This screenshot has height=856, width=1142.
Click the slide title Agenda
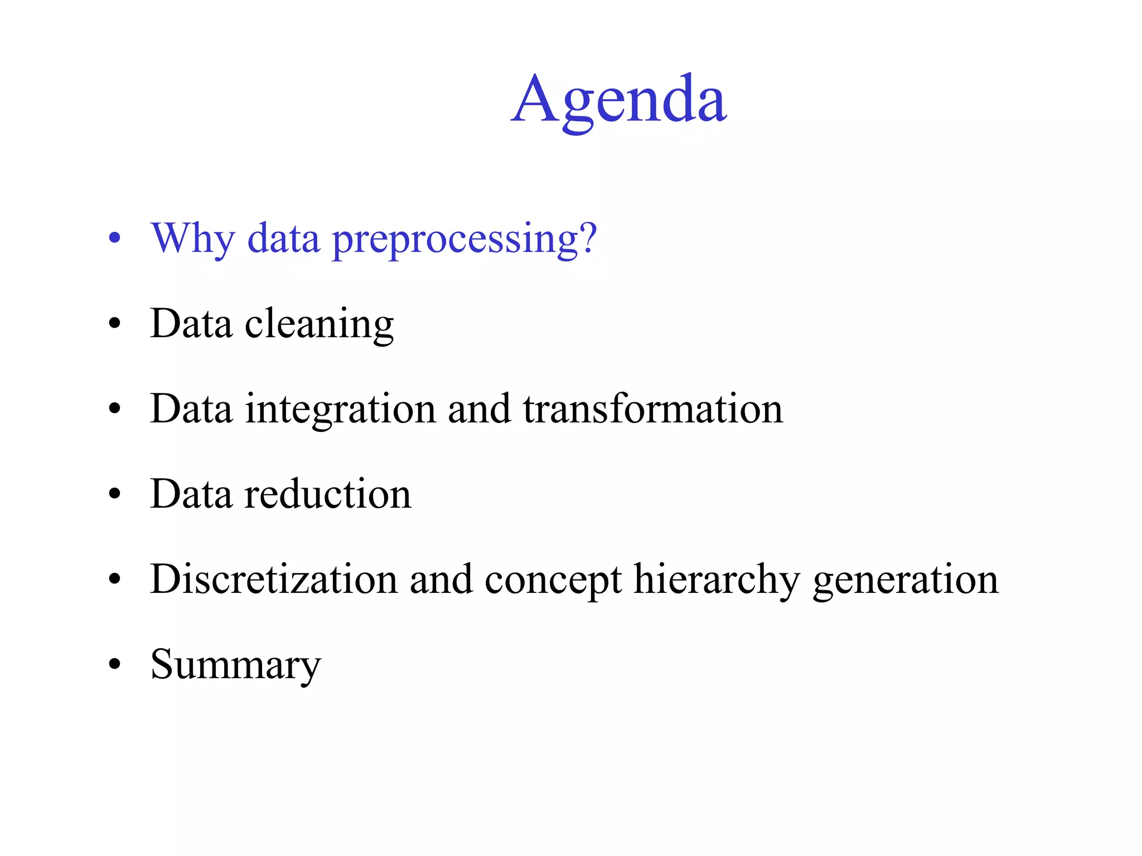point(618,100)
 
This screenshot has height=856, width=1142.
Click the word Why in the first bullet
point(192,239)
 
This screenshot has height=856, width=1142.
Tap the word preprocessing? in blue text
point(464,240)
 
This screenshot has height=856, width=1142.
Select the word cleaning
point(319,324)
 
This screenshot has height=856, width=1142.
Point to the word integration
point(340,410)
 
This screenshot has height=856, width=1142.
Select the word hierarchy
point(717,580)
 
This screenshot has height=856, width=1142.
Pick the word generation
point(906,580)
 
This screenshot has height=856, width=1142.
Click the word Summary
point(235,665)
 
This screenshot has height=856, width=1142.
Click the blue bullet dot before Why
point(114,239)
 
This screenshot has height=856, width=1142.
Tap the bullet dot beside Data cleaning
point(114,324)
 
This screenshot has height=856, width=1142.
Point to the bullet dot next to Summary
point(114,664)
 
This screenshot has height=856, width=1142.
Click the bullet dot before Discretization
point(114,579)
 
